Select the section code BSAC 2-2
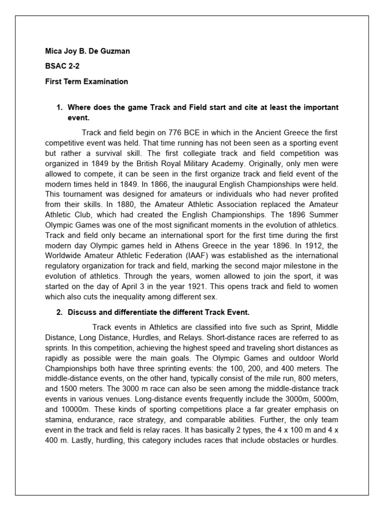point(59,66)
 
